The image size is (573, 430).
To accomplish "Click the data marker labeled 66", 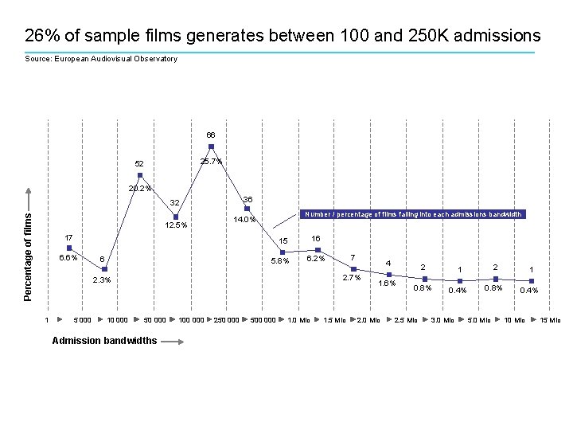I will (211, 147).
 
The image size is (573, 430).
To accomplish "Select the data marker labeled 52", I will (140, 175).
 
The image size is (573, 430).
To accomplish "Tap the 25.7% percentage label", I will (211, 162).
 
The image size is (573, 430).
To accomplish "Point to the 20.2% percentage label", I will (140, 189).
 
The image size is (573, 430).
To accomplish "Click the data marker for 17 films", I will (69, 248).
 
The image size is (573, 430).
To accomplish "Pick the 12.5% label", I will (175, 225).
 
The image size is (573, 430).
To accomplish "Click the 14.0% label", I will (244, 220).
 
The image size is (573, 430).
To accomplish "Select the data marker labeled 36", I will (247, 209).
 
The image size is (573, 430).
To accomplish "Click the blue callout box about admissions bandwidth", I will (411, 214).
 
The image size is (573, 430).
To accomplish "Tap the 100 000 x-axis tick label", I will (190, 320).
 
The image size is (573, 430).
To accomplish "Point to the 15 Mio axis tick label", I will (550, 320).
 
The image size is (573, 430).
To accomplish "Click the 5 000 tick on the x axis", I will (82, 320).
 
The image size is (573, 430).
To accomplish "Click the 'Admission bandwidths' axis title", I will (104, 341).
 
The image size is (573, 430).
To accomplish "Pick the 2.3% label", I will (102, 280).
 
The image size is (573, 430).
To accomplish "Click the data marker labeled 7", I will (353, 268).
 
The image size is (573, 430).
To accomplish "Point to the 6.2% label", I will (316, 259).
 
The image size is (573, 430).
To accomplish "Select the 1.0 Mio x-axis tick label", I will (298, 320).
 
